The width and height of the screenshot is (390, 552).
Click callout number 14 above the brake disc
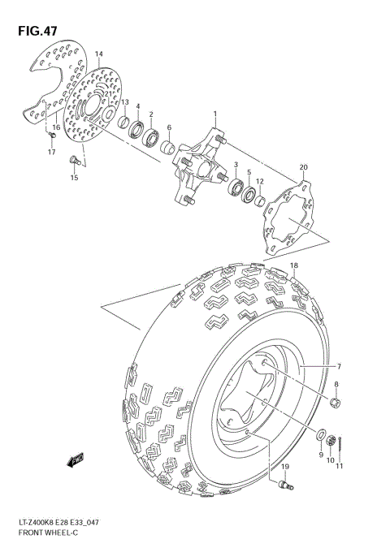[x=98, y=54]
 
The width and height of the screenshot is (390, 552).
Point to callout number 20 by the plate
[x=303, y=168]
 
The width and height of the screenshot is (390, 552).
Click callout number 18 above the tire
[x=293, y=265]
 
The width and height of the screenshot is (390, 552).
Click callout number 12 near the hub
[x=259, y=182]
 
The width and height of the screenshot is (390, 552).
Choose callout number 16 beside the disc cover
[x=56, y=127]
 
